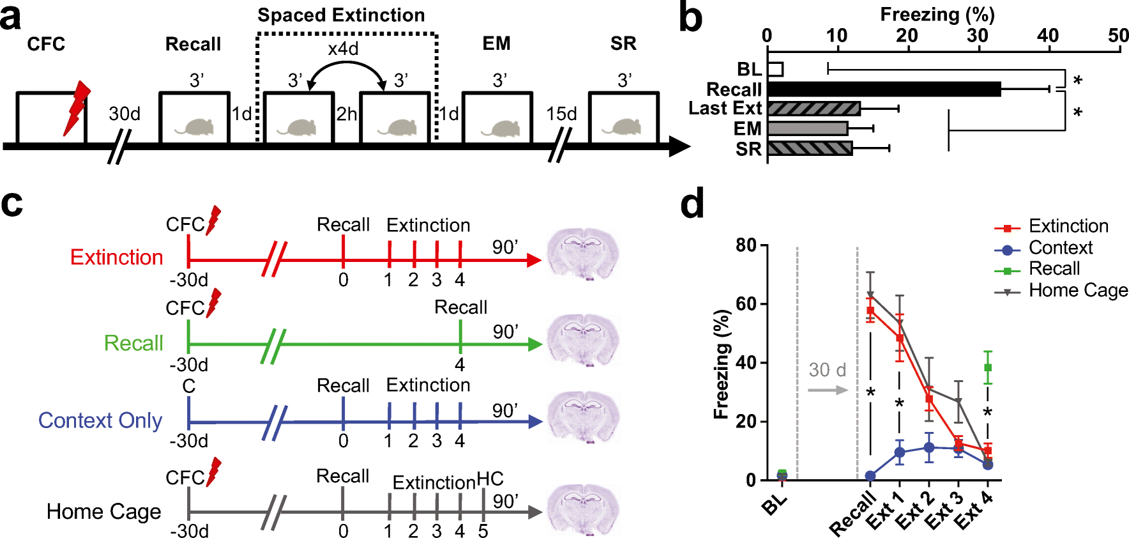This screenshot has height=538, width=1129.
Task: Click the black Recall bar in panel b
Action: [884, 89]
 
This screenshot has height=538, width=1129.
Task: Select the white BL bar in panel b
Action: [775, 69]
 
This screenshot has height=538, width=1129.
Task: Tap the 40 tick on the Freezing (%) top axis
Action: [1047, 36]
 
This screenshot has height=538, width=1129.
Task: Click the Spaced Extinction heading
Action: [341, 15]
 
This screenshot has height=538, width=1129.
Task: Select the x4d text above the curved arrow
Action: [343, 49]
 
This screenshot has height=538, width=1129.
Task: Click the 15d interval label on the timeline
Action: [561, 114]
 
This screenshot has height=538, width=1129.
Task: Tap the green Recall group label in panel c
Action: [133, 343]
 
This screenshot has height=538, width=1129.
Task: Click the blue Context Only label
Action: [100, 420]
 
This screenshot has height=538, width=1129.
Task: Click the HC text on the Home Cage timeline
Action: [490, 479]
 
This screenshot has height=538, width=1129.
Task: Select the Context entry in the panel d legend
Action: [1060, 248]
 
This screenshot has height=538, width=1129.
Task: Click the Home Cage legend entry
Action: [1078, 291]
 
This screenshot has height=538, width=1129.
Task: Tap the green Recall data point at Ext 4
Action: [988, 367]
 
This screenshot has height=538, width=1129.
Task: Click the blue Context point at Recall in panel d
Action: [870, 476]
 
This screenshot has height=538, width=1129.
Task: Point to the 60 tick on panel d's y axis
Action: [746, 304]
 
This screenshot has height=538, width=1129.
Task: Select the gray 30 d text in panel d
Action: [827, 370]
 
